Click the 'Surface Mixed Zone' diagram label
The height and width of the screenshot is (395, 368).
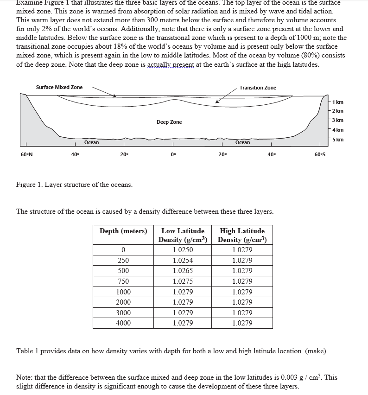[59, 87]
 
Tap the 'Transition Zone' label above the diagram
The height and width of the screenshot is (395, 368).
[258, 88]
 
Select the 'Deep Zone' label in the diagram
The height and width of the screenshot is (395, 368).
[169, 122]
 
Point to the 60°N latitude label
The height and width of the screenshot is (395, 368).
[27, 154]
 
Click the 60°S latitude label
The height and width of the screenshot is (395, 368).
[320, 154]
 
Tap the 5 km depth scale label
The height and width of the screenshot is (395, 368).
[338, 140]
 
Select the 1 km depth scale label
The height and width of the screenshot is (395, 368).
[338, 102]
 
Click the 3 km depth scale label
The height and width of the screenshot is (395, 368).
[338, 120]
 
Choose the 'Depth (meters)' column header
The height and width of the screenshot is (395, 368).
[123, 231]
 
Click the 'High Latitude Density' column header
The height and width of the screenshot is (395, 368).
[242, 235]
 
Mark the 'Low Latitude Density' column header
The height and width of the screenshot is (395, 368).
[183, 235]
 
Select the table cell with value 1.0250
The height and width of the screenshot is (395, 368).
[183, 250]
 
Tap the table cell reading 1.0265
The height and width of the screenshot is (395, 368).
[183, 271]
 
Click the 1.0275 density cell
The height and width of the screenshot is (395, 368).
[183, 281]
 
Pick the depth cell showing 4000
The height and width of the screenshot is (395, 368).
[123, 323]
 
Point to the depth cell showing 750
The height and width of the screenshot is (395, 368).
[123, 281]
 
